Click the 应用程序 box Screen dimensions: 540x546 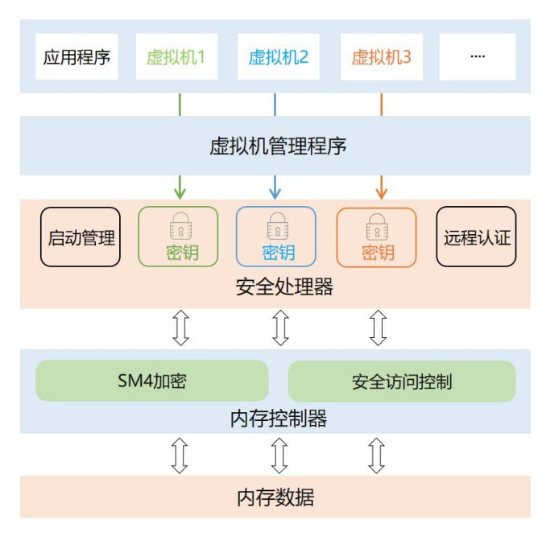coord(77,57)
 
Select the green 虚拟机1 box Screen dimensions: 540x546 coord(176,57)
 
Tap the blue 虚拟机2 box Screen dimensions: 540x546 coord(278,57)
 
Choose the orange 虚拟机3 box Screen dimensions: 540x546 coord(381,57)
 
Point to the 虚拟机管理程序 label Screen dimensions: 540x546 coord(278,146)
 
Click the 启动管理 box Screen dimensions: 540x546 coord(81,237)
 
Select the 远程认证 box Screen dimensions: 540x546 coord(477,237)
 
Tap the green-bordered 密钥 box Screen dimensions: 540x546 coord(179,237)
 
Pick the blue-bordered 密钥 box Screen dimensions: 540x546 coord(276,237)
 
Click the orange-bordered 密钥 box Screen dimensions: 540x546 coord(376,237)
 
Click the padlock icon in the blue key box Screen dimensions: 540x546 coord(277,225)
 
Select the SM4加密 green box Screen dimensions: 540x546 coord(151,381)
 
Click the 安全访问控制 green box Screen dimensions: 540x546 coord(401,381)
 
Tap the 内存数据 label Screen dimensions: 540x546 coord(275,497)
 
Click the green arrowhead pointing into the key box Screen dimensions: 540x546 coord(180,193)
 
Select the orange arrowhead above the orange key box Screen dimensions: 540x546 coord(381,193)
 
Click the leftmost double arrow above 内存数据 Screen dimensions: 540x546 coord(180,455)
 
